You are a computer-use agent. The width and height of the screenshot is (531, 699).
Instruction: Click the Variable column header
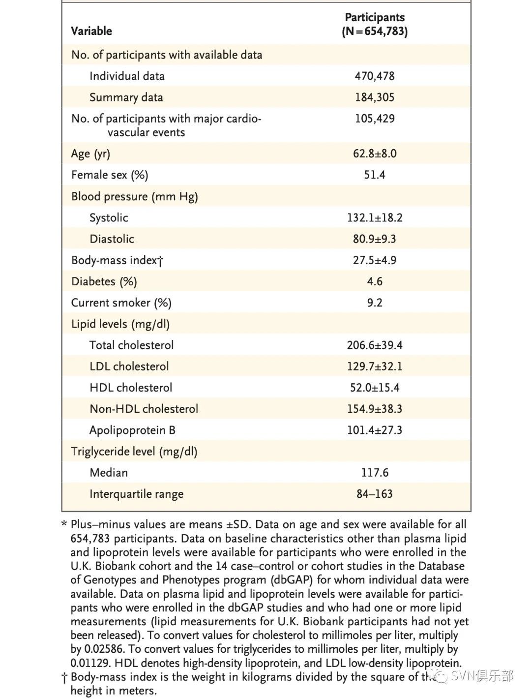click(x=91, y=31)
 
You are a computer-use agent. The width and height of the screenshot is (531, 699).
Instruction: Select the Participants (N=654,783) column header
click(x=375, y=25)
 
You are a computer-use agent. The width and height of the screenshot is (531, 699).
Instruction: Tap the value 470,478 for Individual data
click(x=375, y=76)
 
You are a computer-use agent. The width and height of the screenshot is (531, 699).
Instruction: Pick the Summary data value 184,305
click(x=375, y=97)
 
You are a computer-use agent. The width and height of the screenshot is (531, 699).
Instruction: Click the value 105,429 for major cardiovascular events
click(x=375, y=119)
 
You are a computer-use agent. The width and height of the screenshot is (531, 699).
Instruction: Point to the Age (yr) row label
click(x=90, y=154)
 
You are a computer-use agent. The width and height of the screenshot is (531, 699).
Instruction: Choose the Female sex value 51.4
click(x=375, y=175)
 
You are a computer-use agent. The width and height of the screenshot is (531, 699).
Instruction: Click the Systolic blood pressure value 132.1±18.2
click(x=375, y=218)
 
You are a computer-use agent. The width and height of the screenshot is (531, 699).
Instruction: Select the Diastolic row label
click(x=112, y=239)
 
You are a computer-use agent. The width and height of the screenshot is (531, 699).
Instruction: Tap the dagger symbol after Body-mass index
click(x=160, y=261)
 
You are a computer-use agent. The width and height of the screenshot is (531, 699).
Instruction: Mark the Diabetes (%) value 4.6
click(x=375, y=282)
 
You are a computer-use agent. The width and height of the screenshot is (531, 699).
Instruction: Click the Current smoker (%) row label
click(x=121, y=303)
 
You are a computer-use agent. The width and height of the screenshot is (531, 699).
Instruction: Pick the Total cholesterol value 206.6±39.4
click(x=375, y=345)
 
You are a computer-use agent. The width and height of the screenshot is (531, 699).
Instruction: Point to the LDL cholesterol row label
click(x=129, y=366)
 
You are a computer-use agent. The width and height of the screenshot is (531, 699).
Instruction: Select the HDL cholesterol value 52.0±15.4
click(x=375, y=388)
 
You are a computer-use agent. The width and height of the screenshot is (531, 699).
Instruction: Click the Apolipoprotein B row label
click(x=132, y=430)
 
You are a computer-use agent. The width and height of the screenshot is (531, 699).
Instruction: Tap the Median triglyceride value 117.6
click(x=375, y=473)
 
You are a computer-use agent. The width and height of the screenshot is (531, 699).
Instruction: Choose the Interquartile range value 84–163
click(x=375, y=494)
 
